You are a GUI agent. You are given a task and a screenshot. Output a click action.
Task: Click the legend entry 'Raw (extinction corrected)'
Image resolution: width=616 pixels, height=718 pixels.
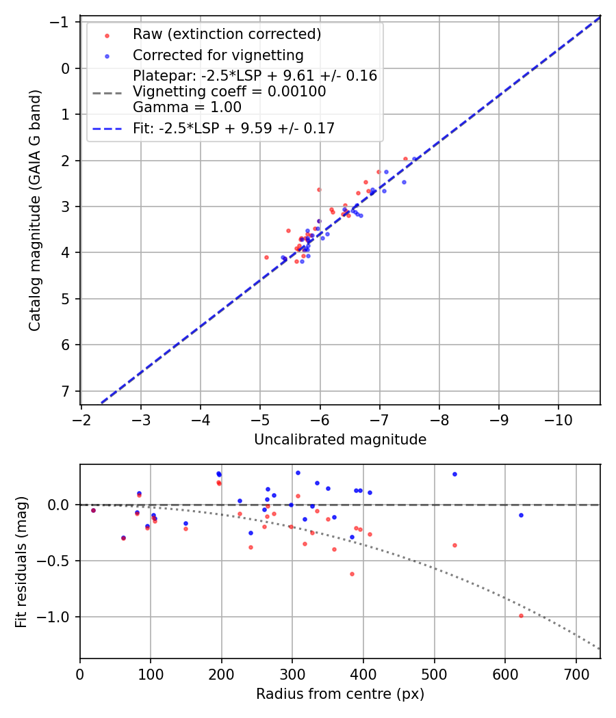point(227,34)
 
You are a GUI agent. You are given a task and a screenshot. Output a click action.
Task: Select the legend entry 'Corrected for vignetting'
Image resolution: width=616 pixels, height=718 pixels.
point(218,55)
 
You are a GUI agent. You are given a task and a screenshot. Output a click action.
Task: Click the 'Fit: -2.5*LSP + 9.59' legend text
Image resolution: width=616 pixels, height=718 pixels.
point(233,129)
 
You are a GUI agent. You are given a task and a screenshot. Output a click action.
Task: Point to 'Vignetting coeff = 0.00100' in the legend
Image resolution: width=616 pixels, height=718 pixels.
point(229,92)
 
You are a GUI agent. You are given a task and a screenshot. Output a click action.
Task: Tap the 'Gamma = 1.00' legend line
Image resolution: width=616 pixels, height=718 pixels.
point(187,107)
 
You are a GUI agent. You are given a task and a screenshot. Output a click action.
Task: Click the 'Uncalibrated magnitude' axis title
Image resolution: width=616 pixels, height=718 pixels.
point(340,440)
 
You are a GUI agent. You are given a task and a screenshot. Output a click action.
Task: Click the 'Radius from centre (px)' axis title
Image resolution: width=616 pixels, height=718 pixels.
point(340,694)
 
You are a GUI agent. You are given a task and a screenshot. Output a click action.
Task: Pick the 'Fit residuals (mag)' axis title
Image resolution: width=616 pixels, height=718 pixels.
point(21,561)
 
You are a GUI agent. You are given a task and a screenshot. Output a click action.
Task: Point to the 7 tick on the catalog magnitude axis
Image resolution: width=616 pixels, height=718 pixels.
point(66,391)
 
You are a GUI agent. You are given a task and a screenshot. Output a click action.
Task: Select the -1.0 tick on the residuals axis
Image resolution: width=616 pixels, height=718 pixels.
point(60,617)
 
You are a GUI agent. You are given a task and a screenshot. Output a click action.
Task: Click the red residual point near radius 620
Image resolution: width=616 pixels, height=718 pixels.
point(521,615)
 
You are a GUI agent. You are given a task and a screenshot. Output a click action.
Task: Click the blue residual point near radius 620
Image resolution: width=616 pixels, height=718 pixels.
point(521,515)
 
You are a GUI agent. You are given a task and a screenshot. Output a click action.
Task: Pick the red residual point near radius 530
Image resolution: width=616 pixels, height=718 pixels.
point(454,545)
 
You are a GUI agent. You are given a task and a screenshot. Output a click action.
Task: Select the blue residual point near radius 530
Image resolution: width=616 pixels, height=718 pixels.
point(454,474)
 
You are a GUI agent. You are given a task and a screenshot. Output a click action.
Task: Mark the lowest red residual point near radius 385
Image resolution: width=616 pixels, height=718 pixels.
point(352,574)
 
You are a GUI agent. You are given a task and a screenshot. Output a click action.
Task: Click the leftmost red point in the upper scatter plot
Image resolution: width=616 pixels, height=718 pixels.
point(266,257)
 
